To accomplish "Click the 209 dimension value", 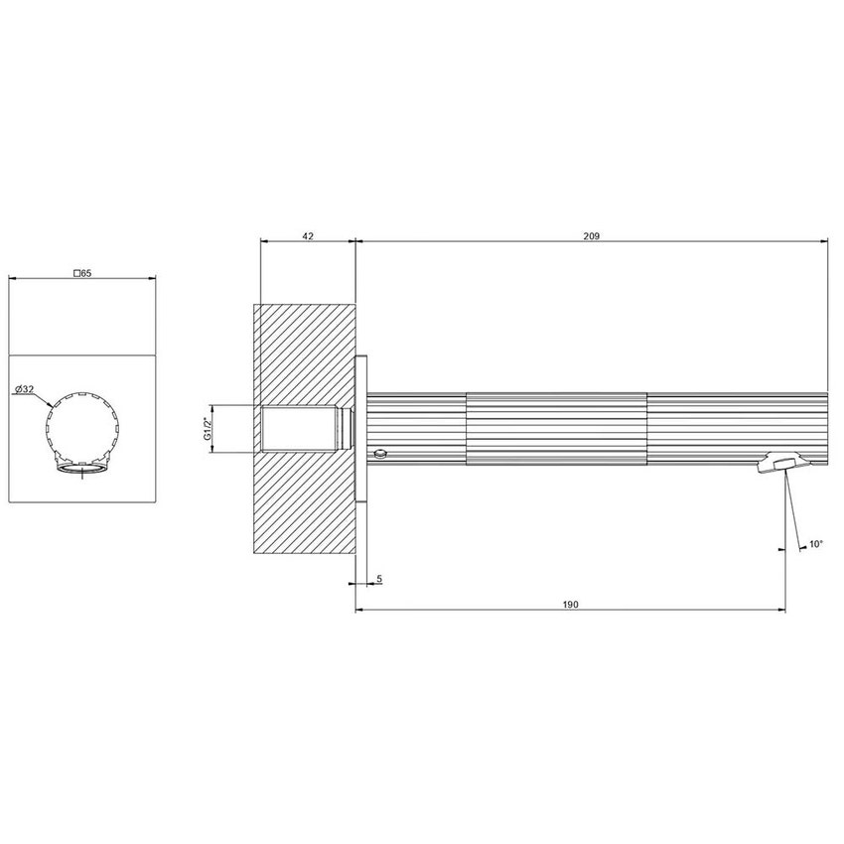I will [591, 235].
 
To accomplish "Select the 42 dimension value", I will [307, 235].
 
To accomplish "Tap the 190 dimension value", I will [570, 603].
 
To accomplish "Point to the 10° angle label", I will [815, 544].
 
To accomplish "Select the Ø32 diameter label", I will [25, 389].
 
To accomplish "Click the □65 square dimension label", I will [82, 272].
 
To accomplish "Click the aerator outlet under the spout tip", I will [782, 463].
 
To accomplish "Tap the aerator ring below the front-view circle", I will [82, 468].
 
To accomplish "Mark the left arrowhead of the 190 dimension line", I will [359, 609].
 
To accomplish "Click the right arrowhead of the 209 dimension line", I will [823, 241].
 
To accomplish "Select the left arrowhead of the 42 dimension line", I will [262, 241].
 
